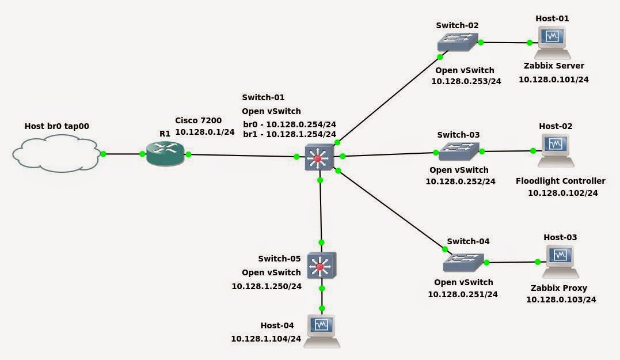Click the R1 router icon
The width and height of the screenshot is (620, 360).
[165, 154]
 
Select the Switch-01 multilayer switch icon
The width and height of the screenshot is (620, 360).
[319, 157]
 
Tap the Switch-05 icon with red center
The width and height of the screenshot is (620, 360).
[321, 266]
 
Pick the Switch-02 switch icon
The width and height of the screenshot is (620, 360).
[457, 42]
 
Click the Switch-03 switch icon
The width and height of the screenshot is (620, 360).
[459, 151]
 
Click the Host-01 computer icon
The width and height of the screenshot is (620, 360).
[553, 42]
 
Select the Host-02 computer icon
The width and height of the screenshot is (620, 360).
[556, 150]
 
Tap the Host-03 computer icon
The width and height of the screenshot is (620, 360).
[560, 262]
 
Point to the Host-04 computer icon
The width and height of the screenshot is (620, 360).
[322, 331]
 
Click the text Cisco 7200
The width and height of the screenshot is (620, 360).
[198, 120]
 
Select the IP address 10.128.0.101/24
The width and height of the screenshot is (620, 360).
[553, 79]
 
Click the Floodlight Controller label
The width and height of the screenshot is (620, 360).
[560, 181]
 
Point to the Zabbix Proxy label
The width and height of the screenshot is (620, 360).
[560, 288]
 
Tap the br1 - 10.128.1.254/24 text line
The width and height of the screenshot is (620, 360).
[290, 134]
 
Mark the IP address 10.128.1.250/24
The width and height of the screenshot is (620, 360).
[267, 286]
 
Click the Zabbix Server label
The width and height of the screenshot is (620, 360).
[554, 66]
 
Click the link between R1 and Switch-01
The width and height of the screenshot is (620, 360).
[242, 156]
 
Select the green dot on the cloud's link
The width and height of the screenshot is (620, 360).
[104, 154]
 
